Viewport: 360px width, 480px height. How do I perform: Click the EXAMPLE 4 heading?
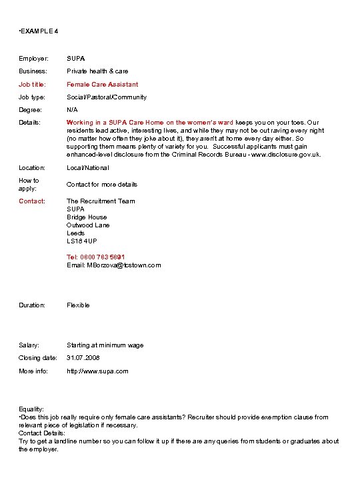39,31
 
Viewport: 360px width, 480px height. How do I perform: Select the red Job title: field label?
33,85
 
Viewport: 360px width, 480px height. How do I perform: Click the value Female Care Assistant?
102,85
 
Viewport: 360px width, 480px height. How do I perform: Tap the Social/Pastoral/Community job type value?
107,97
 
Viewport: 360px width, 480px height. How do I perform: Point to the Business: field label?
33,71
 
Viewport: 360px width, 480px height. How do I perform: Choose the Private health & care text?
97,71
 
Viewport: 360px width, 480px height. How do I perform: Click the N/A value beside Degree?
72,110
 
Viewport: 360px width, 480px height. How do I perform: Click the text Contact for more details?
101,184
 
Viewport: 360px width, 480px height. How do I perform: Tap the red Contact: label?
32,201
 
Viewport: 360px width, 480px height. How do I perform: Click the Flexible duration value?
78,305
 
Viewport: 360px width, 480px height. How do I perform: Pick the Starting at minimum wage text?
105,345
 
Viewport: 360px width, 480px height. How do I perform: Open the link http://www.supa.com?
97,371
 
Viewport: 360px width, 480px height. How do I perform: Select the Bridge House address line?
87,217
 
